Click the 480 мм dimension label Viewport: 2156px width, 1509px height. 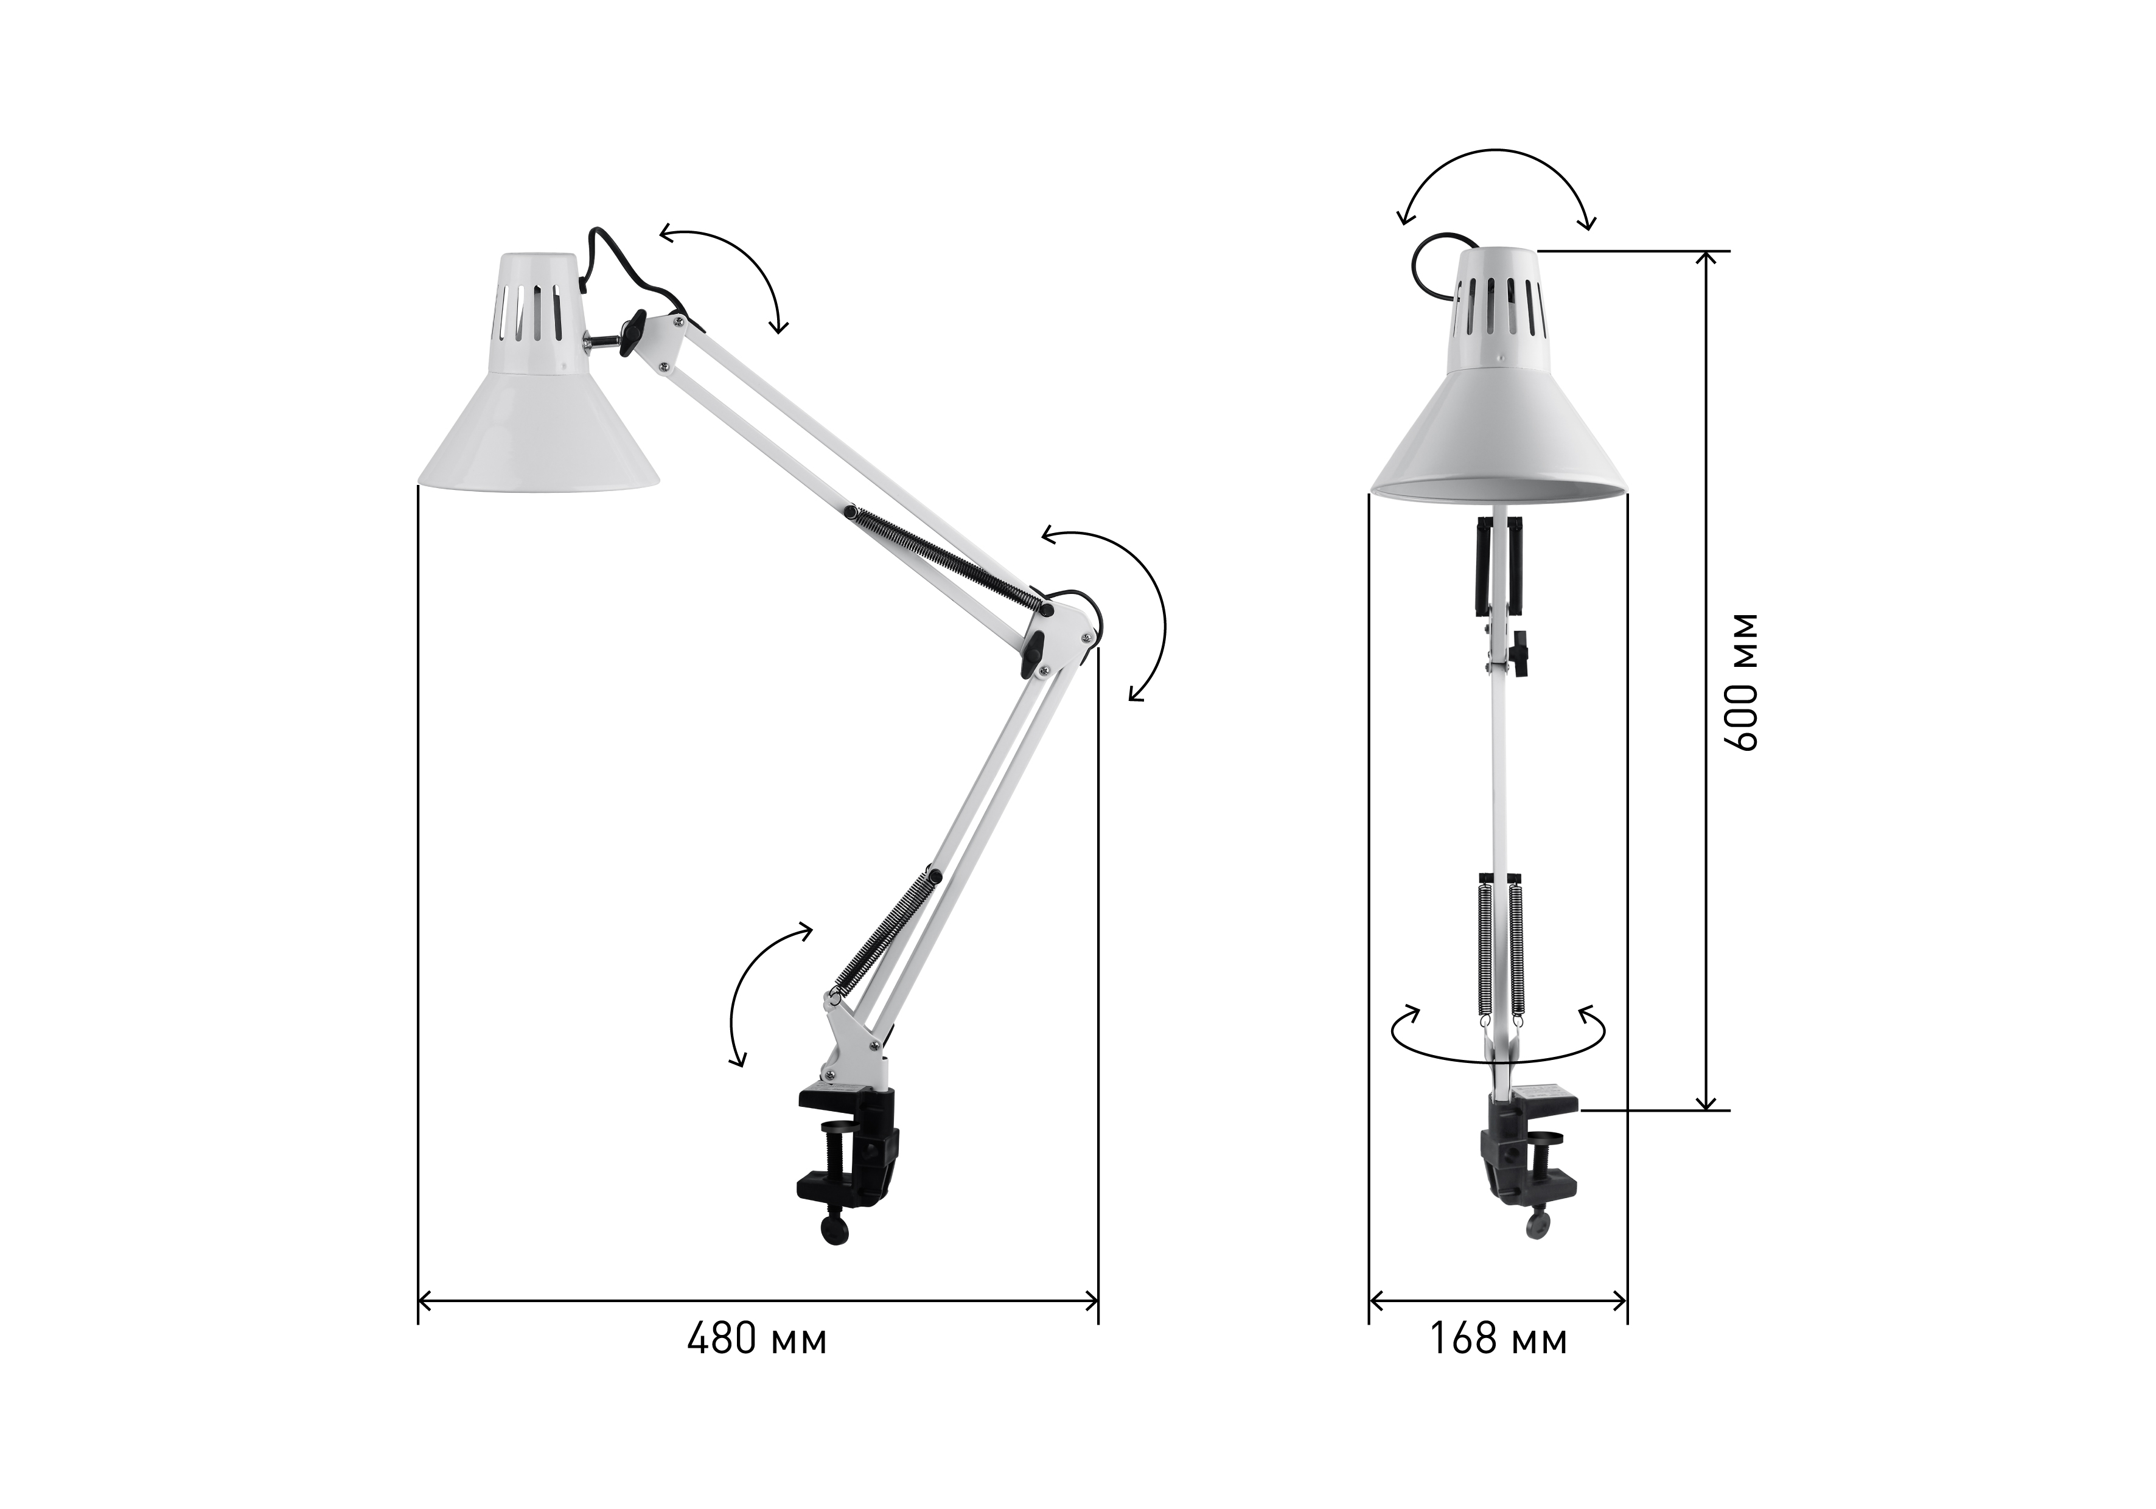tap(757, 1340)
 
